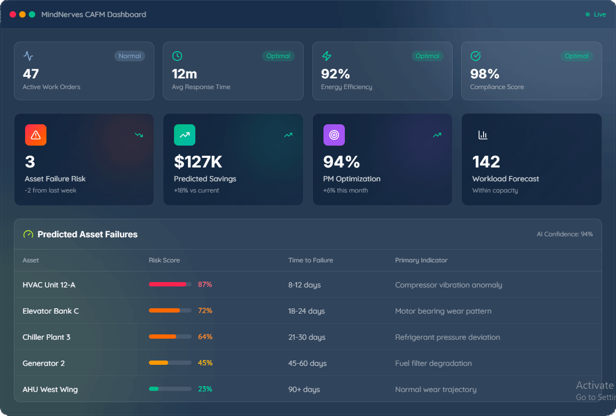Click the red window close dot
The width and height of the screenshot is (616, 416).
tap(13, 15)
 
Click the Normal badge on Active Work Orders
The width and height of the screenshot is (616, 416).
tap(130, 56)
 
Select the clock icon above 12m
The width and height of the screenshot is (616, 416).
tap(177, 56)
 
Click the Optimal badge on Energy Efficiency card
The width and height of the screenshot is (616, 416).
tap(427, 56)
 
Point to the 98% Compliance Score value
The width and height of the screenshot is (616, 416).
tap(485, 74)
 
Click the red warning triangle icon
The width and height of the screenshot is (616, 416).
tap(36, 135)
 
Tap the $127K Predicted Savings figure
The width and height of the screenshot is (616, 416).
tap(198, 162)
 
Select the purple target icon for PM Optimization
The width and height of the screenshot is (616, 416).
tap(334, 135)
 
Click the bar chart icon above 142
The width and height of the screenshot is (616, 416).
tap(483, 135)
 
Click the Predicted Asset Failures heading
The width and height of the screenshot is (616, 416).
tap(87, 234)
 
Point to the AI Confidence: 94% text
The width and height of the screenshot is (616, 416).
tap(565, 234)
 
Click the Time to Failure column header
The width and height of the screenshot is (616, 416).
tap(311, 260)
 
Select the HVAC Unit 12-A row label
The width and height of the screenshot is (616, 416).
tap(49, 285)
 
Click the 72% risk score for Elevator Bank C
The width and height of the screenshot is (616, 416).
tap(205, 310)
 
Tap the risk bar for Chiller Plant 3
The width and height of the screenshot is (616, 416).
tap(170, 337)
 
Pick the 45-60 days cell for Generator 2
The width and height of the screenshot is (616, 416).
tap(307, 363)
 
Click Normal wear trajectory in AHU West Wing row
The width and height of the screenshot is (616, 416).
tap(436, 389)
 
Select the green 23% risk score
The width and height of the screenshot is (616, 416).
tap(205, 389)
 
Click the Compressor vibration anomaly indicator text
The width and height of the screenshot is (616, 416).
tap(448, 285)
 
